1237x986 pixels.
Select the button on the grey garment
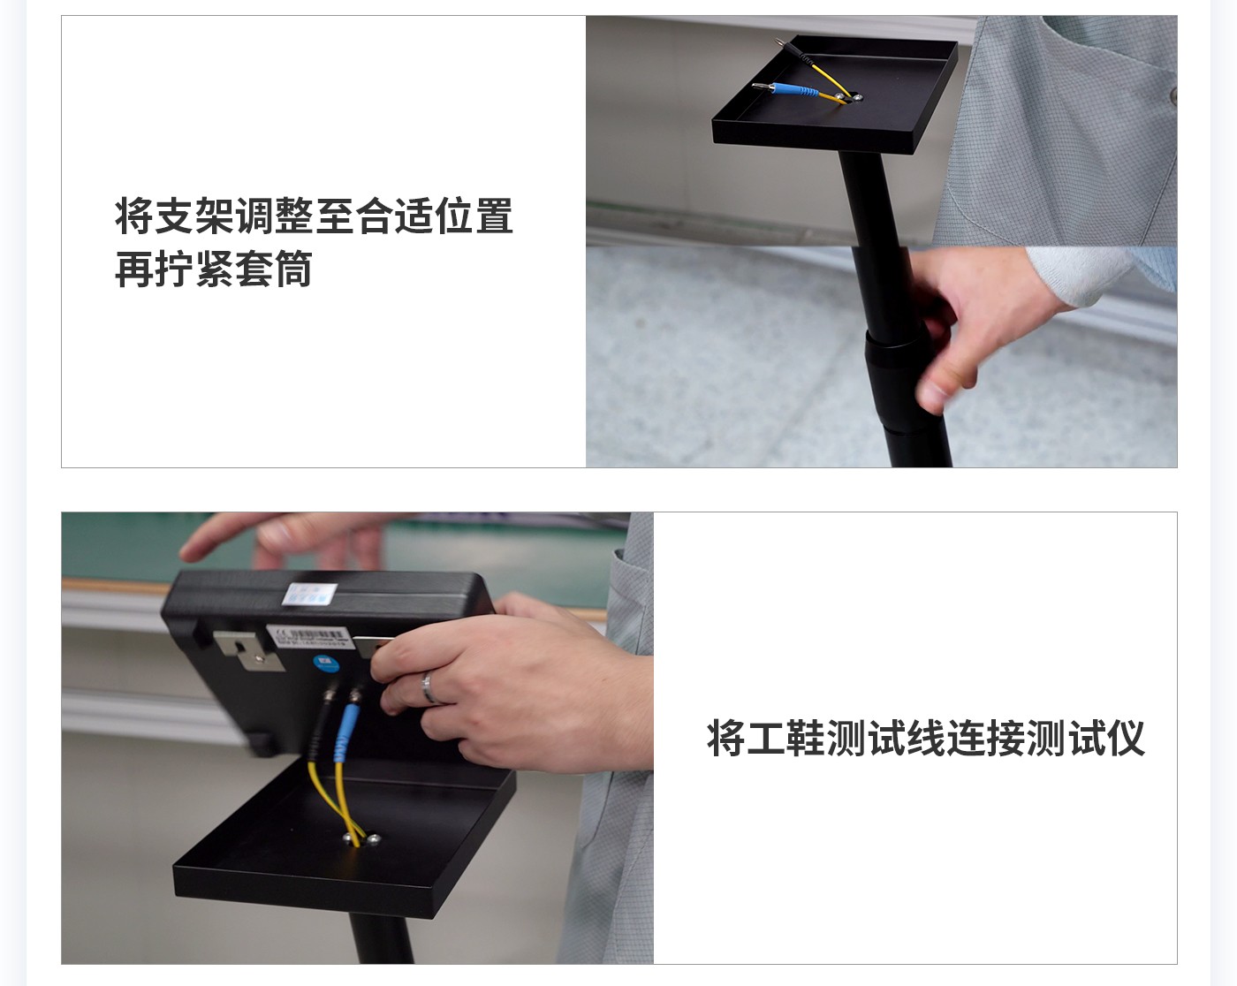1172,94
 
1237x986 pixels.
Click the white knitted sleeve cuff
1086,273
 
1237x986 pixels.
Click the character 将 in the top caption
133,217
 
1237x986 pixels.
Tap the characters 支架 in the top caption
194,217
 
